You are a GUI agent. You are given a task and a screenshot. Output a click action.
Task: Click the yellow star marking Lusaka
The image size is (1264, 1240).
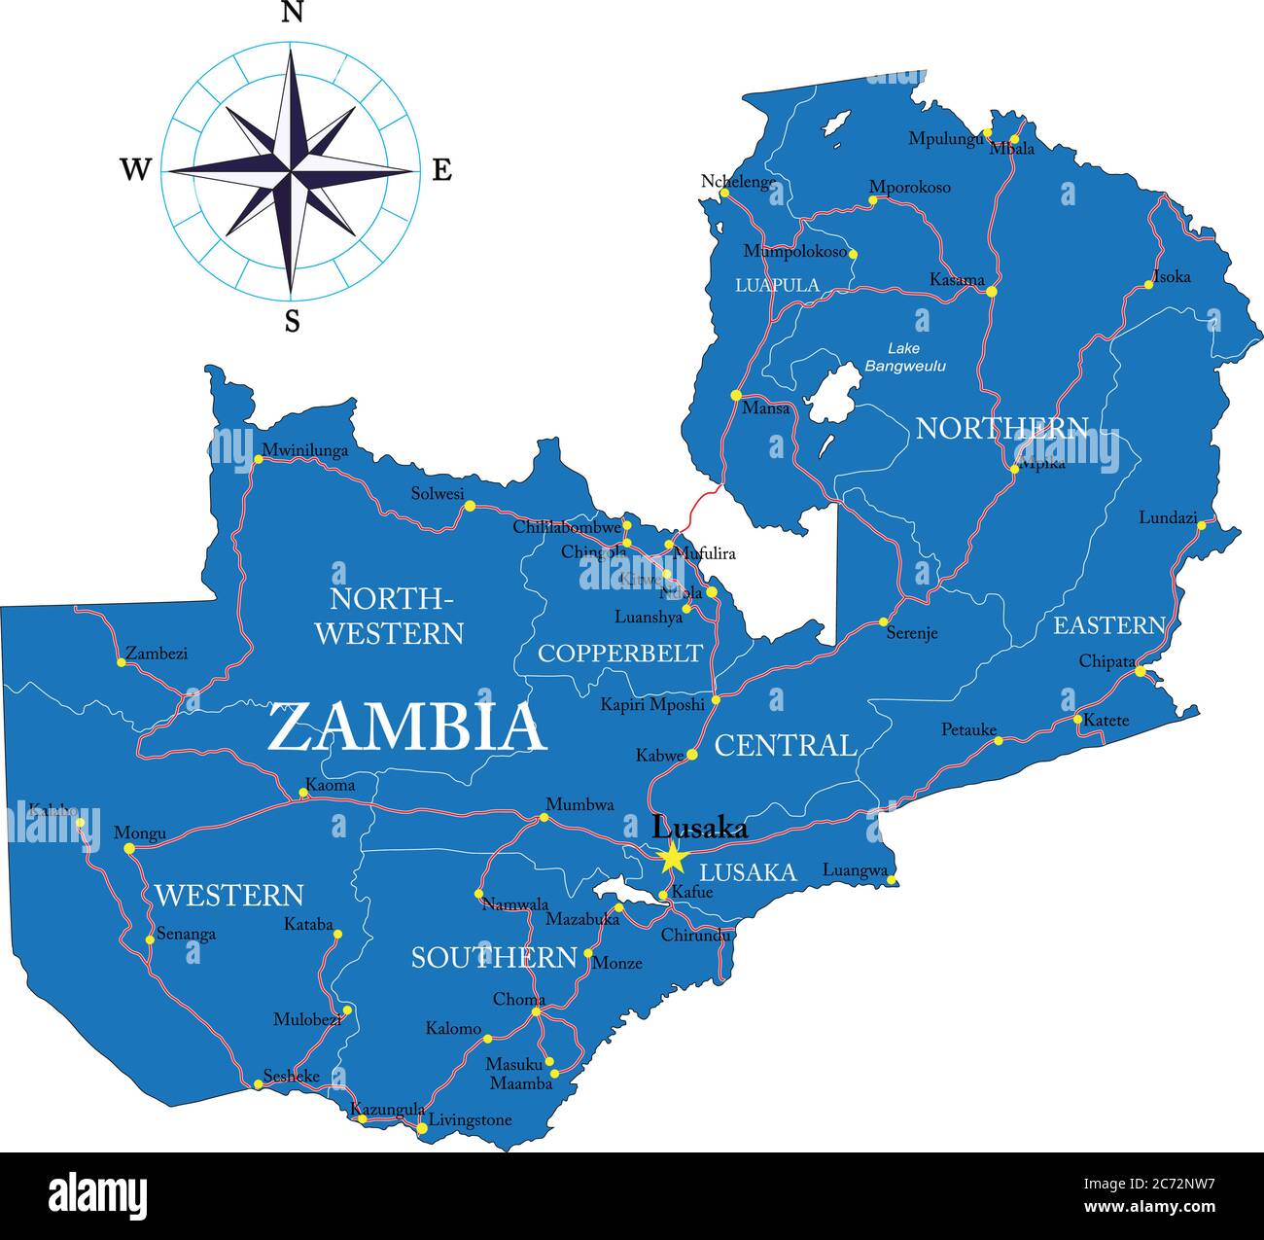(x=671, y=859)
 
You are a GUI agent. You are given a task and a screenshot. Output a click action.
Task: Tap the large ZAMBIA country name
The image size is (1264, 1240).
(x=406, y=728)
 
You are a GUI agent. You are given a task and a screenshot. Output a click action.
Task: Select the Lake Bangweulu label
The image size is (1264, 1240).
(x=904, y=357)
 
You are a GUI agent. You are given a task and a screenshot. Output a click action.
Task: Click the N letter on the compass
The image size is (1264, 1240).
(x=292, y=13)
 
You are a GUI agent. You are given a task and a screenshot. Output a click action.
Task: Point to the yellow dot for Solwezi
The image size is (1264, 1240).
(x=470, y=506)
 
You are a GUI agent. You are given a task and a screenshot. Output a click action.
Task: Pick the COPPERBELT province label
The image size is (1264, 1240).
(x=619, y=653)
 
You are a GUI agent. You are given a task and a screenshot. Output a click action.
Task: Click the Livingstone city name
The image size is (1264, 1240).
(x=470, y=1120)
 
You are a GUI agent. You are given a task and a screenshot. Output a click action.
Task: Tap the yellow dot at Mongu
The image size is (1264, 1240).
(x=129, y=849)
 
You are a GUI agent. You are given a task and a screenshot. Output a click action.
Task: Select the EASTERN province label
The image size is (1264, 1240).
(x=1108, y=624)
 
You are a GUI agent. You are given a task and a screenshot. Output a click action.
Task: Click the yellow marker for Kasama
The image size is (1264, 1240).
(x=991, y=291)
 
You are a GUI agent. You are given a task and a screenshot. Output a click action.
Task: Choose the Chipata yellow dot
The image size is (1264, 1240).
(x=1141, y=671)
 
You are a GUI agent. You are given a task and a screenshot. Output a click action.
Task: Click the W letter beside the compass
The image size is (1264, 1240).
(x=135, y=170)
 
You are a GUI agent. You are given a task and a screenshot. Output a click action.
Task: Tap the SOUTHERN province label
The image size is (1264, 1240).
(x=494, y=958)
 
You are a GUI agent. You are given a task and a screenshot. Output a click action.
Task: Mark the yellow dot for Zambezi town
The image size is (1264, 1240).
(x=122, y=662)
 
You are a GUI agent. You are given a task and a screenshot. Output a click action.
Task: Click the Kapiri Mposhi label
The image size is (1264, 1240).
(x=651, y=704)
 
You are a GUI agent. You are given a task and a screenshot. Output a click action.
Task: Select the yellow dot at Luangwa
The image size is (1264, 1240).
(x=891, y=879)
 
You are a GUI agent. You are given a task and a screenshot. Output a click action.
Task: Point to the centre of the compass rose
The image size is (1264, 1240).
(x=291, y=170)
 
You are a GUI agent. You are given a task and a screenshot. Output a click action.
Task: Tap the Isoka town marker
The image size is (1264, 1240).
(x=1148, y=284)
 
